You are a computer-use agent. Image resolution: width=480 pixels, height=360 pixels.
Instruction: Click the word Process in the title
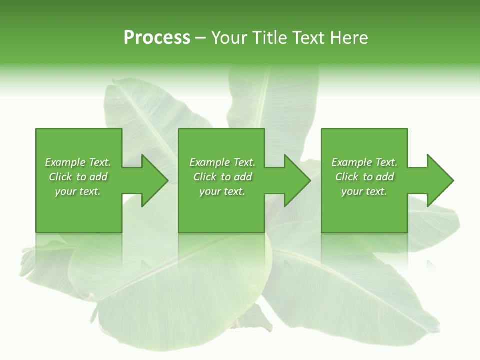tap(157, 38)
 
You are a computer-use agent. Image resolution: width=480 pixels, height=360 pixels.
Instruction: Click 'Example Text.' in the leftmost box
tap(78, 162)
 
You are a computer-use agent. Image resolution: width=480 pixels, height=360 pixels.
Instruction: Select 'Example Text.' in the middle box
tap(222, 162)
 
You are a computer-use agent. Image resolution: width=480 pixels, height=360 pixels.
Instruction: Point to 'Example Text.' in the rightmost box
tap(364, 162)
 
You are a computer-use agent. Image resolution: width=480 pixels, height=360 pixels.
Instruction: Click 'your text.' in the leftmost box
tap(78, 191)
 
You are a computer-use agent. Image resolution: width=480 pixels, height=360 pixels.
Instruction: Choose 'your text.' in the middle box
tap(222, 191)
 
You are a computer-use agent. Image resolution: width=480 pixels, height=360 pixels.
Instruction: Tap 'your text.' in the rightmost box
tap(364, 191)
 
